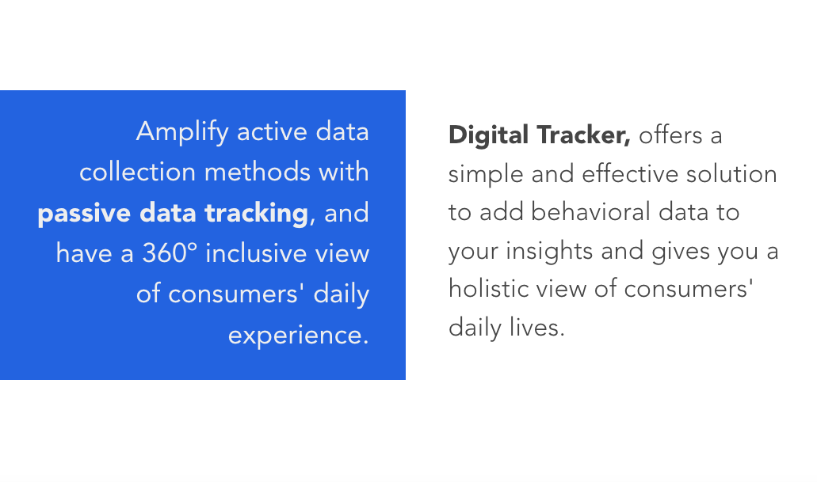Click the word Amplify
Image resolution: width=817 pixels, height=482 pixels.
point(181,131)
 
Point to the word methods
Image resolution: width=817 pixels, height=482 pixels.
point(258,172)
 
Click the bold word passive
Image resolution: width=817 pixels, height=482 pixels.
point(84,213)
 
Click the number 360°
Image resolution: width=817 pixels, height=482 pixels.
point(170,253)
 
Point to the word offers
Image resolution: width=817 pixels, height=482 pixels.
point(670,135)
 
